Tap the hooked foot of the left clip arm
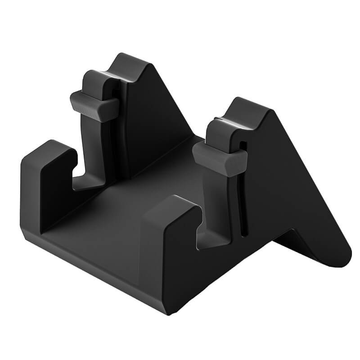tap(85, 182)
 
